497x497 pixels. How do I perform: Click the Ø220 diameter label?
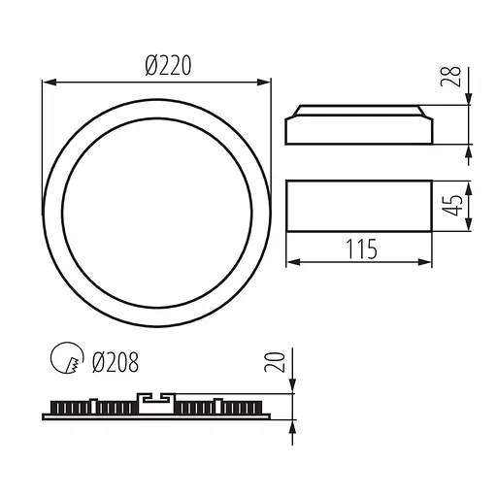tap(166, 66)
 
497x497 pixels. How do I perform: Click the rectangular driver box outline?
tap(358, 206)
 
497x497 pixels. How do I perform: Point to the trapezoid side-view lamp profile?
tap(358, 122)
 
